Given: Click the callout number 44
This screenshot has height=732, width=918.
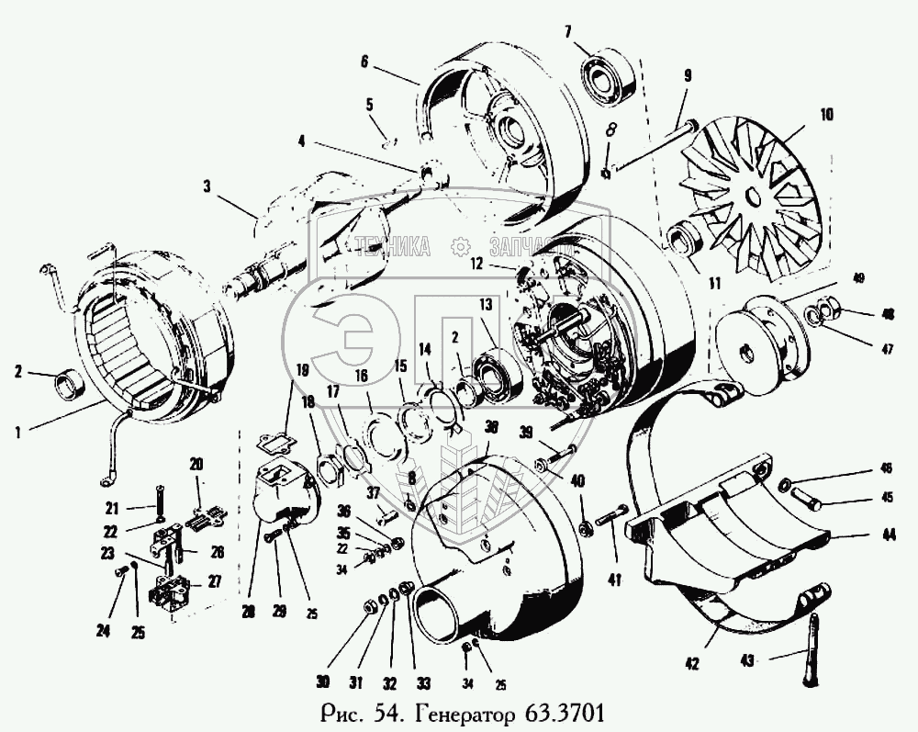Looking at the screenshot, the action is tap(865, 534).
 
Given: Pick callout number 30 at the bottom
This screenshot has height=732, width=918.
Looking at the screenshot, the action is tap(321, 681).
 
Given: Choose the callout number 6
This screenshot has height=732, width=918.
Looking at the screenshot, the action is tap(364, 62).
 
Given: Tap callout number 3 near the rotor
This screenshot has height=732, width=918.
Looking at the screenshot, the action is tap(207, 186).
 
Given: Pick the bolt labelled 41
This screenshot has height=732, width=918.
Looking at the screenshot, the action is tap(611, 519).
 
